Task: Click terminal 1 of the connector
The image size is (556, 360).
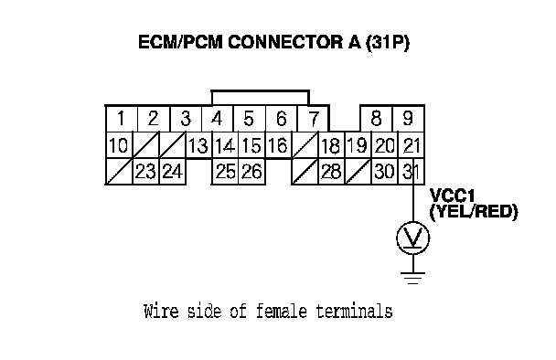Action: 122,119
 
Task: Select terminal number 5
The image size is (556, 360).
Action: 249,119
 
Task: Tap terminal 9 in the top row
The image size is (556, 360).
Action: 408,119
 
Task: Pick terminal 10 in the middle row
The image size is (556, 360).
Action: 119,145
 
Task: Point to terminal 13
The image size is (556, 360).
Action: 198,145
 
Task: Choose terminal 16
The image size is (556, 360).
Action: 278,145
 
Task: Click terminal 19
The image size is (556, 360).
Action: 358,145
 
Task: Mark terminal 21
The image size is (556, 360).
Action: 411,145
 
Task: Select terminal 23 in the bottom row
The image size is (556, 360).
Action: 145,172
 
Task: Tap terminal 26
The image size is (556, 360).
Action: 251,172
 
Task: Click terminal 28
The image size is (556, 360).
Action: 331,172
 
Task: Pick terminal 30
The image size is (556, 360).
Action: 384,172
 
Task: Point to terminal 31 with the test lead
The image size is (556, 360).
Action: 411,172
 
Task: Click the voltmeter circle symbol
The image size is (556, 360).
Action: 413,238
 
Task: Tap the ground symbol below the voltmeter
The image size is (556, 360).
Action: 413,278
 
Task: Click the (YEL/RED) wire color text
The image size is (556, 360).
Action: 474,212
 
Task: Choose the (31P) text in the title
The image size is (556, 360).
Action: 388,43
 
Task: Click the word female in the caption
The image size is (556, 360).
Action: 281,312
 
